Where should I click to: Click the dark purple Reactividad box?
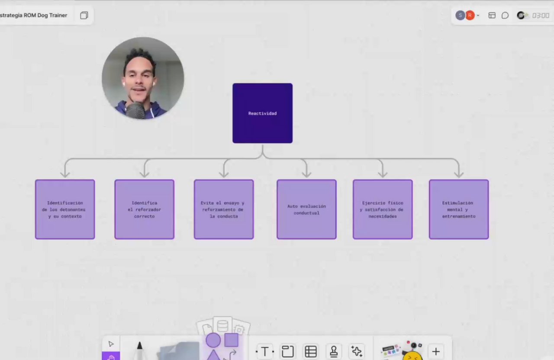pos(262,113)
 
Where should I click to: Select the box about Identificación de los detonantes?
pos(65,209)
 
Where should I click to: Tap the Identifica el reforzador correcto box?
pos(145,209)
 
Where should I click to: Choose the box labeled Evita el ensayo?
pos(224,209)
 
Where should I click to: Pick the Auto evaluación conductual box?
pos(307,209)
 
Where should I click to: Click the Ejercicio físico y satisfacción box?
pos(383,209)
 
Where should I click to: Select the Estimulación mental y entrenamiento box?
pos(459,209)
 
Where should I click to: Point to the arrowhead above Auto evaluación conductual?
pos(307,175)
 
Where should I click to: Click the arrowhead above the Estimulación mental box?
pos(459,175)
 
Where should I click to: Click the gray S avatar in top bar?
pos(460,16)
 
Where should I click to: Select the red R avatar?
pos(470,16)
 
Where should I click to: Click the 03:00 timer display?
pos(541,16)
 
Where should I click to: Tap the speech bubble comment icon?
pos(505,16)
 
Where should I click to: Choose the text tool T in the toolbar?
pos(265,351)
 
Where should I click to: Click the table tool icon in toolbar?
pos(311,351)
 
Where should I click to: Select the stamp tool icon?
pos(334,351)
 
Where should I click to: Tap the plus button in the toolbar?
pos(436,351)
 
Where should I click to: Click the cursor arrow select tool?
pos(111,344)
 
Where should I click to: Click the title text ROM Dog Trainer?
pos(45,15)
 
